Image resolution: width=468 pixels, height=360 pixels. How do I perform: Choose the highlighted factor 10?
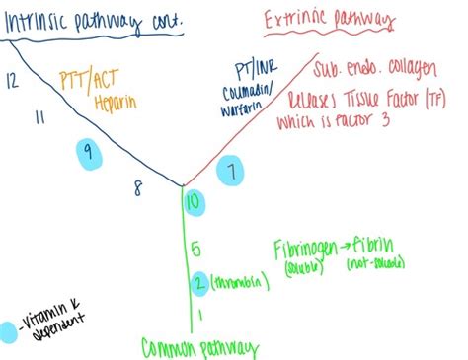coord(195,203)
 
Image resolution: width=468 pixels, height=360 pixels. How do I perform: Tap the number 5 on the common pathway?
coord(195,249)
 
